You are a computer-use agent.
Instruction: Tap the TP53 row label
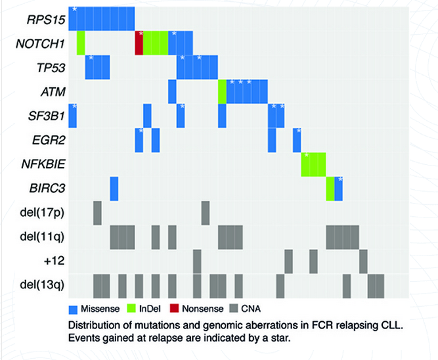click(x=49, y=67)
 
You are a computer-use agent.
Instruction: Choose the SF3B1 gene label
click(x=45, y=116)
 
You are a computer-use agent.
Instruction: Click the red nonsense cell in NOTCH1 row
click(x=139, y=43)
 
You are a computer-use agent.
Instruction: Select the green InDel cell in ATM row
click(x=222, y=91)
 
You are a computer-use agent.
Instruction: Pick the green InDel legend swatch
click(x=132, y=307)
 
